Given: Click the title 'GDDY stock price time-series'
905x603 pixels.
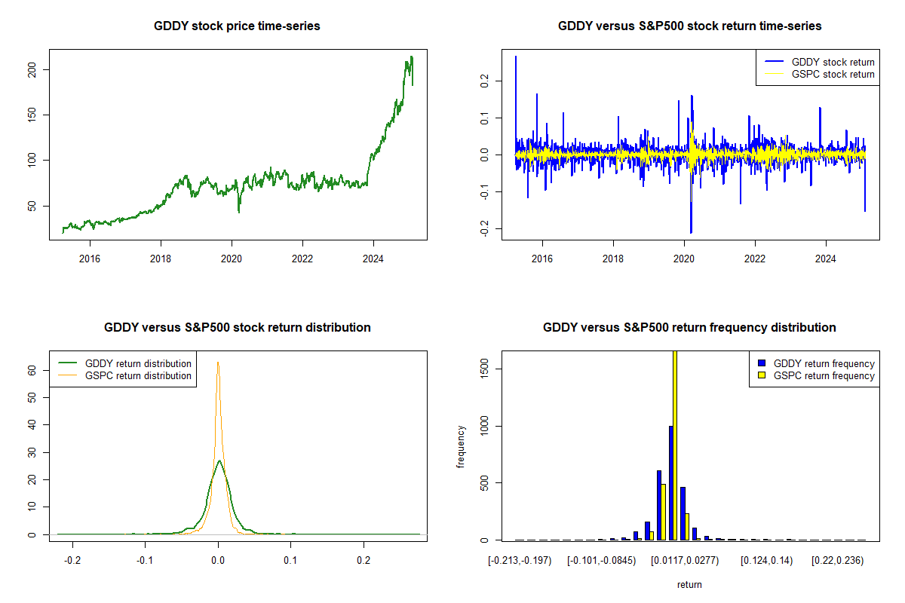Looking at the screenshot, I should [237, 26].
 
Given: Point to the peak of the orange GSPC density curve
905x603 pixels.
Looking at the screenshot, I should [218, 363].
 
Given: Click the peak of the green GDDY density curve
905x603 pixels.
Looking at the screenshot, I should [219, 461].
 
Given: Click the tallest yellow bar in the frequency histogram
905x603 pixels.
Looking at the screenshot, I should [675, 445].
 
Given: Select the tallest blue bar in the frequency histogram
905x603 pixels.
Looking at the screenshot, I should [670, 482].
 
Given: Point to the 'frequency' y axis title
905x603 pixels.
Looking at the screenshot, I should [461, 446].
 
